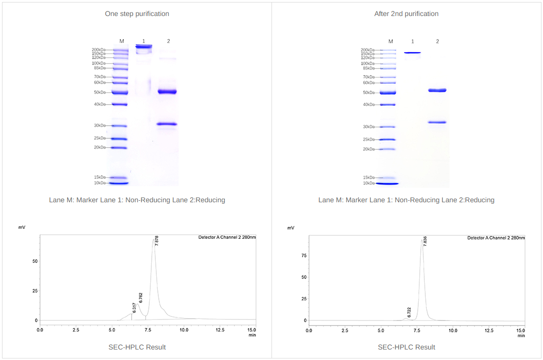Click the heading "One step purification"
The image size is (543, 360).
(x=137, y=14)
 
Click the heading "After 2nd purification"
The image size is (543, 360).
(x=406, y=14)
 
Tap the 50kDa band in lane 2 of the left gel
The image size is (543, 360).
(x=167, y=92)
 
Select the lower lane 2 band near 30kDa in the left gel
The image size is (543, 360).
(x=167, y=124)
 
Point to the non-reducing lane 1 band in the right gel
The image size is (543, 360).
(x=413, y=53)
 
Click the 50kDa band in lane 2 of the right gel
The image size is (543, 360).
(x=437, y=90)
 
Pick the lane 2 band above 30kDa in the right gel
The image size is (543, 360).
(x=437, y=122)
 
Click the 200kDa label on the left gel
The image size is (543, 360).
(x=98, y=50)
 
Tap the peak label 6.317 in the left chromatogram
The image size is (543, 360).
(x=134, y=307)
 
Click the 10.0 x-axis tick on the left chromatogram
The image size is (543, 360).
(x=184, y=330)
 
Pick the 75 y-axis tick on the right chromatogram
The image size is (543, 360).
(x=304, y=255)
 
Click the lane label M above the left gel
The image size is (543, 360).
(x=122, y=41)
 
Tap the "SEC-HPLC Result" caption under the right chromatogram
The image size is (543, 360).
(x=406, y=347)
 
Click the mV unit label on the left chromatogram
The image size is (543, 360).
(x=22, y=228)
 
